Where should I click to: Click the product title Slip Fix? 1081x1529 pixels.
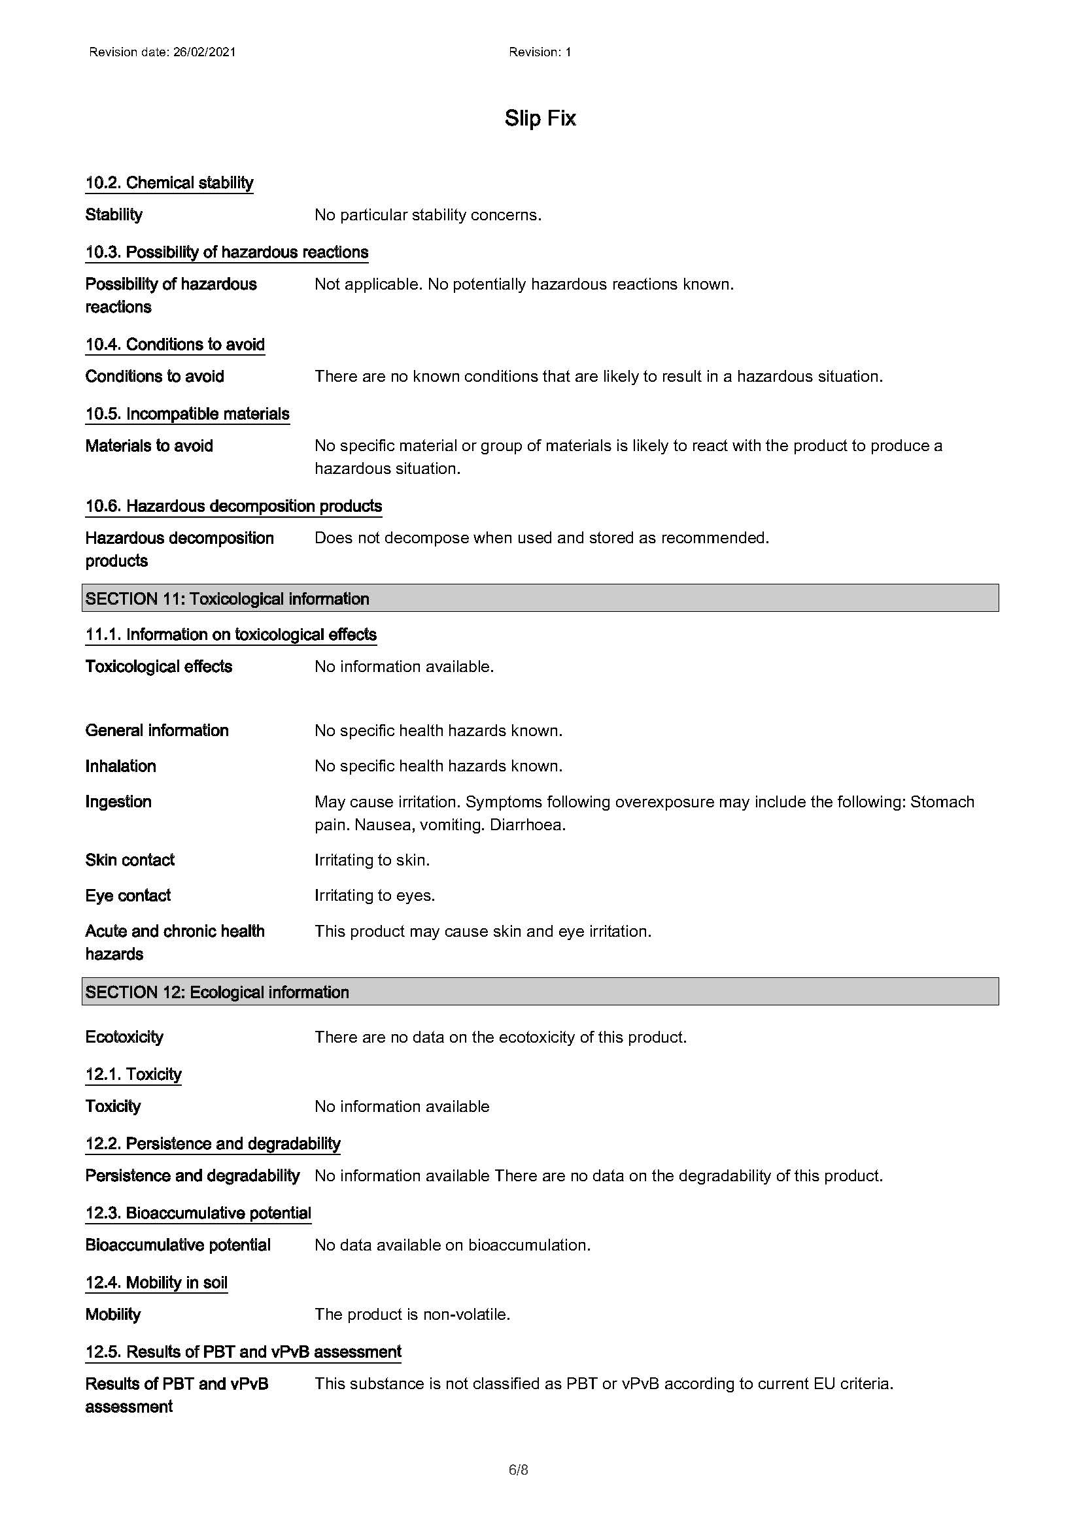(540, 118)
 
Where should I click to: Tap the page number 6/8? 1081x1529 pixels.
(518, 1469)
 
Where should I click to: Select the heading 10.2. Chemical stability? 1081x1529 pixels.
(169, 182)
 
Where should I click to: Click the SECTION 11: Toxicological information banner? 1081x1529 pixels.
(540, 598)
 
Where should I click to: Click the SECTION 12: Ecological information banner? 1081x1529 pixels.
(540, 992)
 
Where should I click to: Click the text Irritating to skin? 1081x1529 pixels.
(371, 860)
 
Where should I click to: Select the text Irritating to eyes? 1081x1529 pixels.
(374, 895)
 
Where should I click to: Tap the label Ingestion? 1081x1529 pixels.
(118, 801)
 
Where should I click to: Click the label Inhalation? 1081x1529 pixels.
(120, 766)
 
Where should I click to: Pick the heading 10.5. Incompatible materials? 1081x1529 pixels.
(187, 414)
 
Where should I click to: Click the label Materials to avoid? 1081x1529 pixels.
(149, 446)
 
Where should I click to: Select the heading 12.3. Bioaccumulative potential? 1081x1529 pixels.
(197, 1213)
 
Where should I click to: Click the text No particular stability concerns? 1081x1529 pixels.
(428, 214)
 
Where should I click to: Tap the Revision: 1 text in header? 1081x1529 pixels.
(540, 52)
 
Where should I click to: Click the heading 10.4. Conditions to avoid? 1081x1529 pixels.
(175, 344)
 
